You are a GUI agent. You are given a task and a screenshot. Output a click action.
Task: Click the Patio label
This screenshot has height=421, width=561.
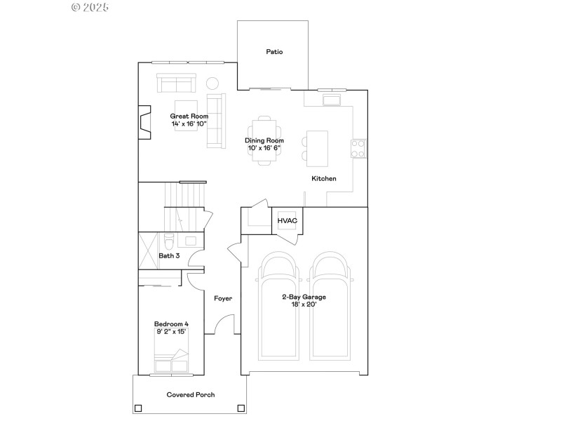point(274,52)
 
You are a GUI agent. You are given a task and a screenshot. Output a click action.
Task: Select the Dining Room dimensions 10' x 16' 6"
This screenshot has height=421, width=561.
point(264,148)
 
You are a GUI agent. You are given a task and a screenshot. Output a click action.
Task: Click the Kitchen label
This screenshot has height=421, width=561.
point(324,179)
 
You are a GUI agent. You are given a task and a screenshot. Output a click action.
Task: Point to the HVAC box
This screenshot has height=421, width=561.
point(288,221)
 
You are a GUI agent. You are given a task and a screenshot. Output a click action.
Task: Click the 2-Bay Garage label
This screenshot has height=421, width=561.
point(304,297)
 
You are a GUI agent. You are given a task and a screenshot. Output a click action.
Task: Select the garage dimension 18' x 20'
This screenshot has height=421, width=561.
point(304,305)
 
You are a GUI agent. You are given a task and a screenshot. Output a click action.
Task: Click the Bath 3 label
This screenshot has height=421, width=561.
point(169,255)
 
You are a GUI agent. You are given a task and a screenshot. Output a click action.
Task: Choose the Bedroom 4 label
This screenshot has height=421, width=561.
point(172,323)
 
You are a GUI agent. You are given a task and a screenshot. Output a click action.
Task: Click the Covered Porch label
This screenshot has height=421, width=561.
point(191,395)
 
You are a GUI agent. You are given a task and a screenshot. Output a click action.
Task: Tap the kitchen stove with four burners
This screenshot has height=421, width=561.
point(358,148)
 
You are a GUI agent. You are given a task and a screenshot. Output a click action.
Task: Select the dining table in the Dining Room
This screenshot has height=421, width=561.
point(264,140)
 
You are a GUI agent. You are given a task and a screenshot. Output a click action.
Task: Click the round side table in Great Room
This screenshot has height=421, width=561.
point(212,83)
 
